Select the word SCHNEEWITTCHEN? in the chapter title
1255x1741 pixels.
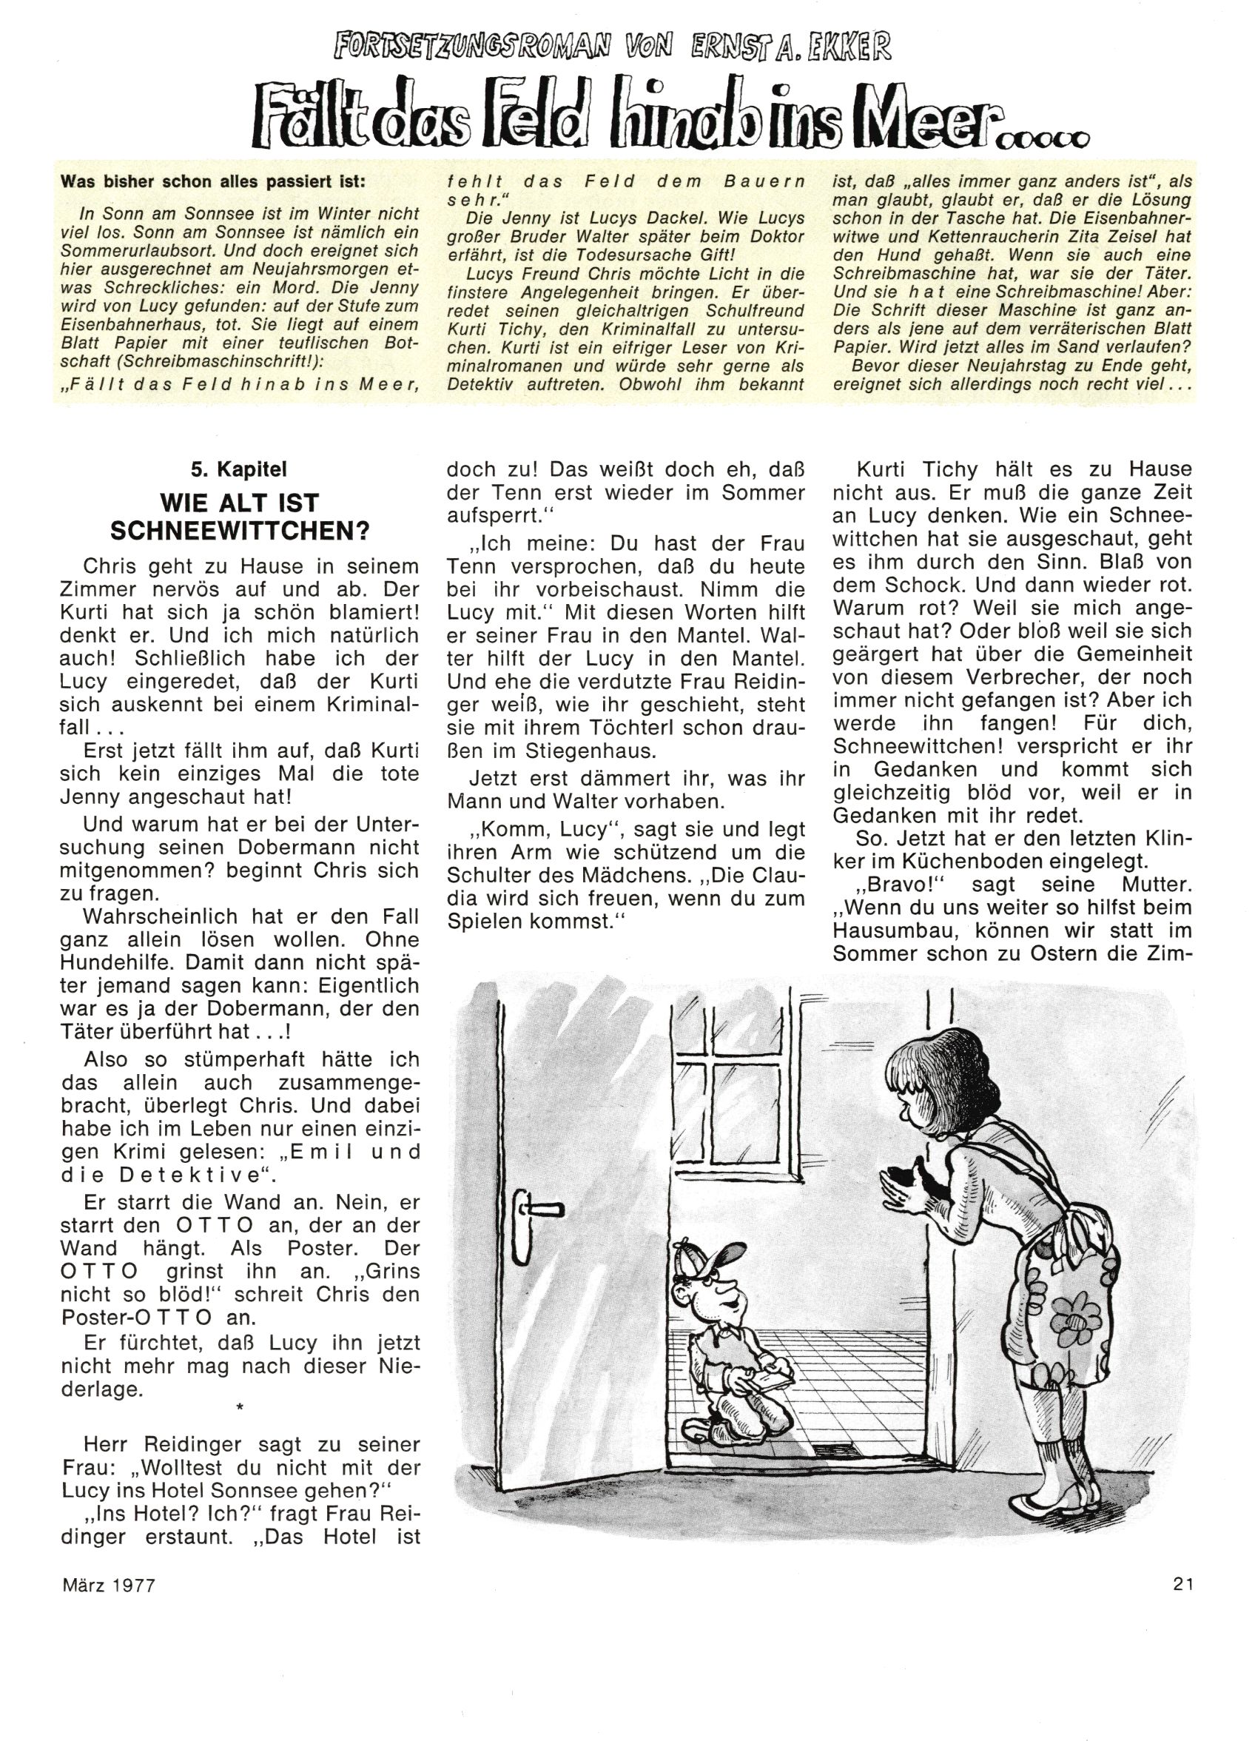240,531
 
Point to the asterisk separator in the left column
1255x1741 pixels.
240,1406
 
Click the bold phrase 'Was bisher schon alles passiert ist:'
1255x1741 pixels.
213,182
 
